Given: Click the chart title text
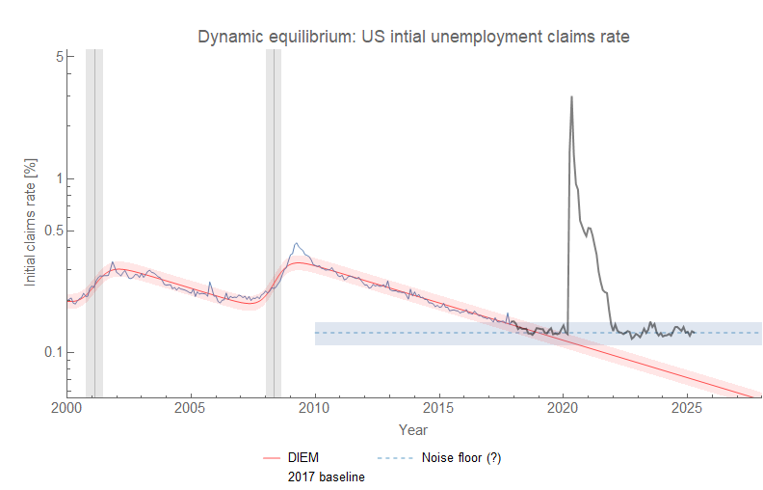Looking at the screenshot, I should coord(413,38).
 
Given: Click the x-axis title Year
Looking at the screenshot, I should coord(413,429).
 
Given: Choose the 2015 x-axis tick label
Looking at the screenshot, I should coord(439,409).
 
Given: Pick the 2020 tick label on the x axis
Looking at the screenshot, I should coord(564,409).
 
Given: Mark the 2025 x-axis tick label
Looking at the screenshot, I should coord(687,409).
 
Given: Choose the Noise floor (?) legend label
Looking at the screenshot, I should coord(461,458).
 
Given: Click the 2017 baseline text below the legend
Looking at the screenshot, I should coord(327,476).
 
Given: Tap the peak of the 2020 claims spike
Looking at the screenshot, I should coord(572,96).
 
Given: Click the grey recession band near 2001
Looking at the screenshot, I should coord(94,222).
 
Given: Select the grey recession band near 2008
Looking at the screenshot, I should coord(274,222).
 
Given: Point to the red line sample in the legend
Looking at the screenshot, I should coord(271,458).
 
